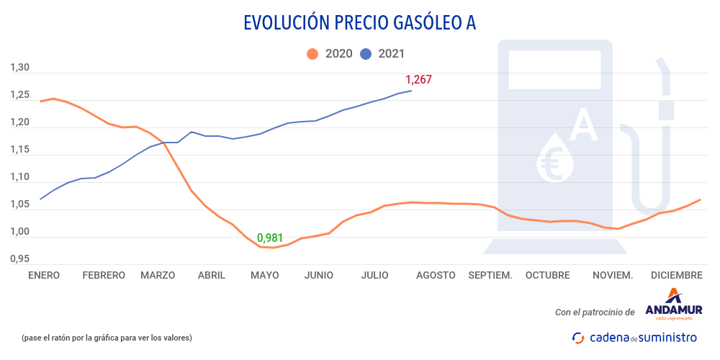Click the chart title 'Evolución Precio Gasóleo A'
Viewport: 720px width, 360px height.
(359, 23)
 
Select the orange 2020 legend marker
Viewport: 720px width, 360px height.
(312, 53)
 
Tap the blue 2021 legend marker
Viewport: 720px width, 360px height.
(366, 53)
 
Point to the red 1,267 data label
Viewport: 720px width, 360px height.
(418, 80)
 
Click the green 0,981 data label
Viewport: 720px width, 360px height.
(270, 238)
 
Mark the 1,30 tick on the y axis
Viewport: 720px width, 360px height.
(19, 68)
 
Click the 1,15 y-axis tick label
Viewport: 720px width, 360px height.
(19, 150)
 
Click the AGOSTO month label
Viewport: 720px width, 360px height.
(436, 275)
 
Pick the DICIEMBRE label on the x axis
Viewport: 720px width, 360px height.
(676, 275)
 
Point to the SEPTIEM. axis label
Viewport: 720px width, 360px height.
(490, 275)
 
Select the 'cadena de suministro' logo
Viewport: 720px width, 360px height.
(634, 337)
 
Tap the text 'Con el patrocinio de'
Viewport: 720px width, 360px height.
(595, 312)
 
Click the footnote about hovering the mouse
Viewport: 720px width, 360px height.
(107, 338)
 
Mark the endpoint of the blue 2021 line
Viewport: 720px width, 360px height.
(411, 90)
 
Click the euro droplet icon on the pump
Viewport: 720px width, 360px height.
(555, 157)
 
